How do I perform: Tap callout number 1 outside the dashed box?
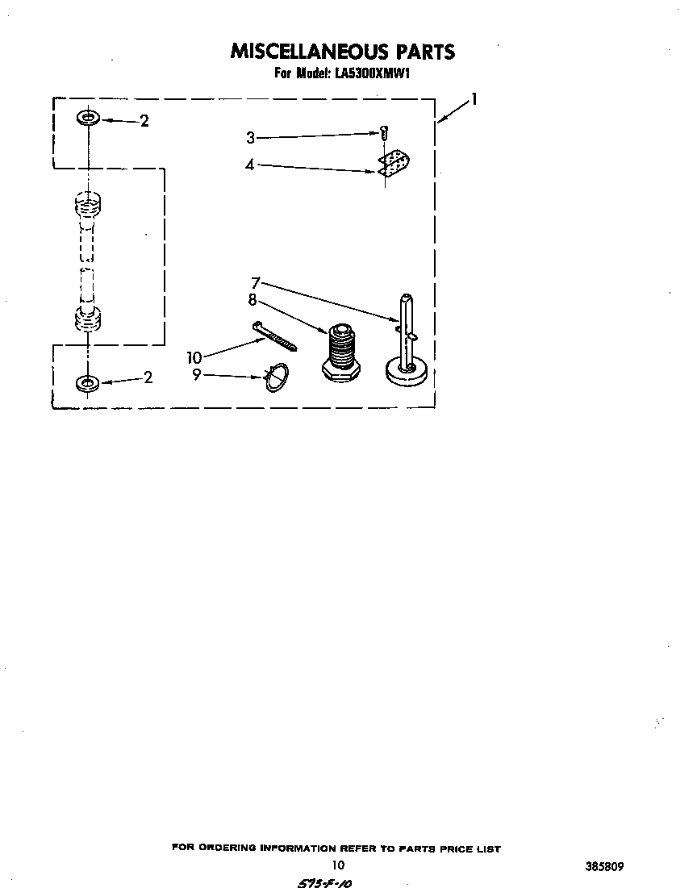tap(474, 100)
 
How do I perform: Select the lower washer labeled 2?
tap(87, 383)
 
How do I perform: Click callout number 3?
tap(250, 138)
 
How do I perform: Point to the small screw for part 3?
tap(385, 134)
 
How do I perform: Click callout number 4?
tap(250, 165)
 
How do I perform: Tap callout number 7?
tap(256, 282)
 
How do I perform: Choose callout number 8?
tap(253, 299)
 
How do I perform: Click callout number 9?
tap(196, 374)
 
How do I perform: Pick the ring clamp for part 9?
tap(277, 377)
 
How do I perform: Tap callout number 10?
tap(194, 358)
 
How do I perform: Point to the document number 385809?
tap(605, 866)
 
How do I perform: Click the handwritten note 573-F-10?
tap(324, 882)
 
